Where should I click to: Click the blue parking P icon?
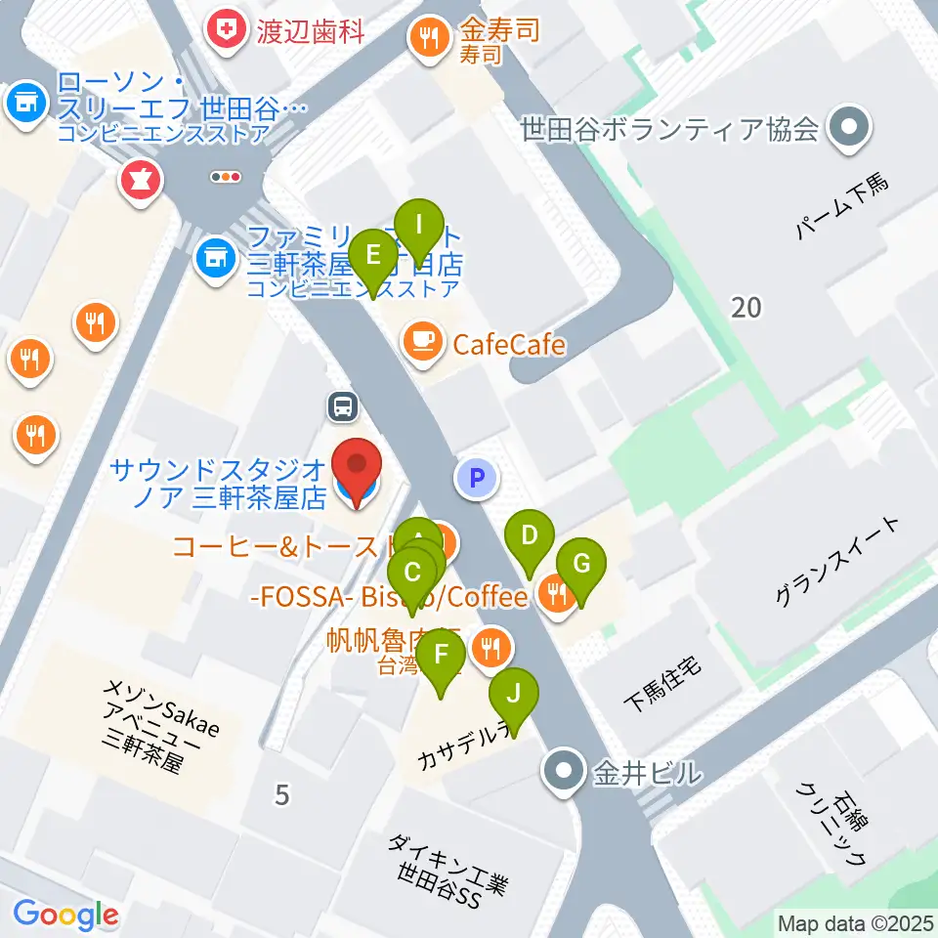coord(476,479)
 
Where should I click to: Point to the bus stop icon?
coord(343,405)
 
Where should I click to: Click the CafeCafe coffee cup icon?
coord(422,341)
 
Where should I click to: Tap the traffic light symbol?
coord(227,177)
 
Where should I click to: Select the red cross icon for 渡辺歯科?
coord(227,31)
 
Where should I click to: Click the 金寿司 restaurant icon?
coord(428,38)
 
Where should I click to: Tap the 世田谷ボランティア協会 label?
coord(669,128)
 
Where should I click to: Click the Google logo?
coord(66,915)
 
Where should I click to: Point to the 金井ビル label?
coord(647,773)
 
